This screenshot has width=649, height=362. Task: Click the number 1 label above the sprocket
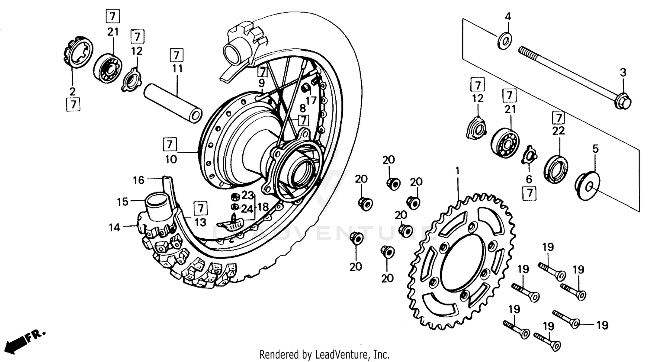coord(456,171)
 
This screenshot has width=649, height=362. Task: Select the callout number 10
coord(170,159)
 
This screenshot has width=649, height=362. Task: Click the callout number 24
coord(247,209)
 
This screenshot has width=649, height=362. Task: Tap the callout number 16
coord(138,180)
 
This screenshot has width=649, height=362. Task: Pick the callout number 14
coord(114,227)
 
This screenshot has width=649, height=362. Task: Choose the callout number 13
coord(200,222)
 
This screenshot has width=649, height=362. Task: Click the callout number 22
coord(559,131)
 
